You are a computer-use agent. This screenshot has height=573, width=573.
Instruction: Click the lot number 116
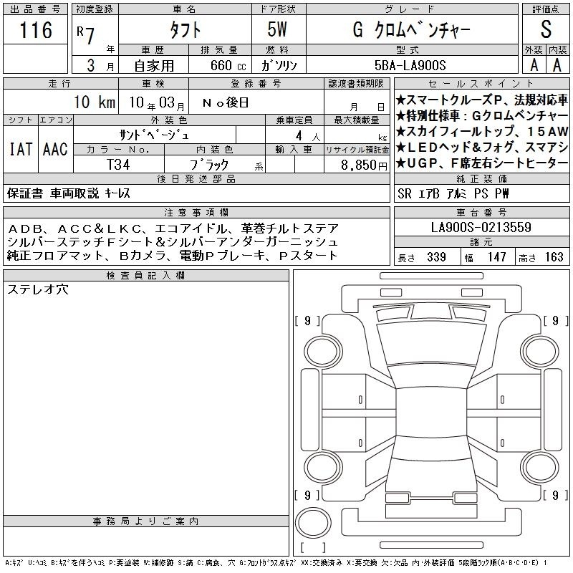(35, 30)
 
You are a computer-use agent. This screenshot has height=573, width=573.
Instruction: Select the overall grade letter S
(546, 29)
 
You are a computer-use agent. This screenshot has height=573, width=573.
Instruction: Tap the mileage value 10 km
(95, 102)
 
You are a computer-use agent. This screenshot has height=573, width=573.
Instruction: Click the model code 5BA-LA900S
(410, 65)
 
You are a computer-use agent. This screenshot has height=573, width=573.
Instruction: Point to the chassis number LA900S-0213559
(481, 227)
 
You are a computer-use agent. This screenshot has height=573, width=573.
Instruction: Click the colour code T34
(118, 165)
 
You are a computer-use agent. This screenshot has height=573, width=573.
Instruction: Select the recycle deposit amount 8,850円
(364, 165)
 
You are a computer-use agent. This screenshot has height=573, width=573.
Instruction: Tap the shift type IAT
(21, 149)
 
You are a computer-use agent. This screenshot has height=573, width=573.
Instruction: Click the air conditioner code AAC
(55, 149)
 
